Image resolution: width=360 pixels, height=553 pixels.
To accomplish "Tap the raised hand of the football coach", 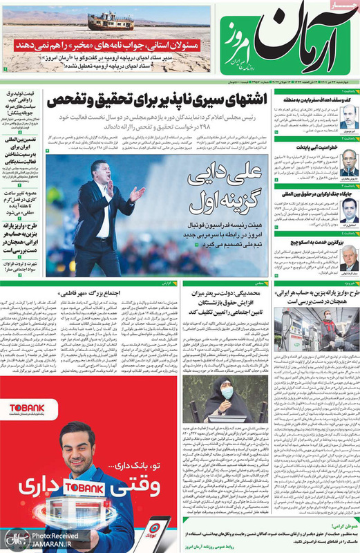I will click(137, 194).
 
